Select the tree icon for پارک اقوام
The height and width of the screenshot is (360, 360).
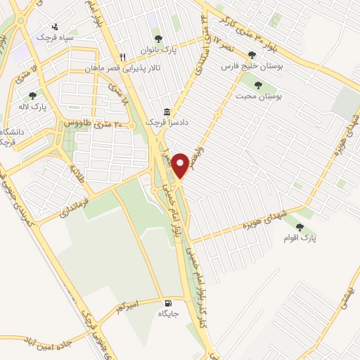(301, 227)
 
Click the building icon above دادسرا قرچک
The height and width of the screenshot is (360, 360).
(167, 112)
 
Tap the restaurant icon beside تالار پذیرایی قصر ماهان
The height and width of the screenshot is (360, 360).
(122, 58)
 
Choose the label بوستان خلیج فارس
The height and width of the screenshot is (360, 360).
(246, 65)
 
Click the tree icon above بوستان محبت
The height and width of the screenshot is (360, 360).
(258, 85)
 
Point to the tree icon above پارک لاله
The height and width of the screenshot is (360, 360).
(32, 96)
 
